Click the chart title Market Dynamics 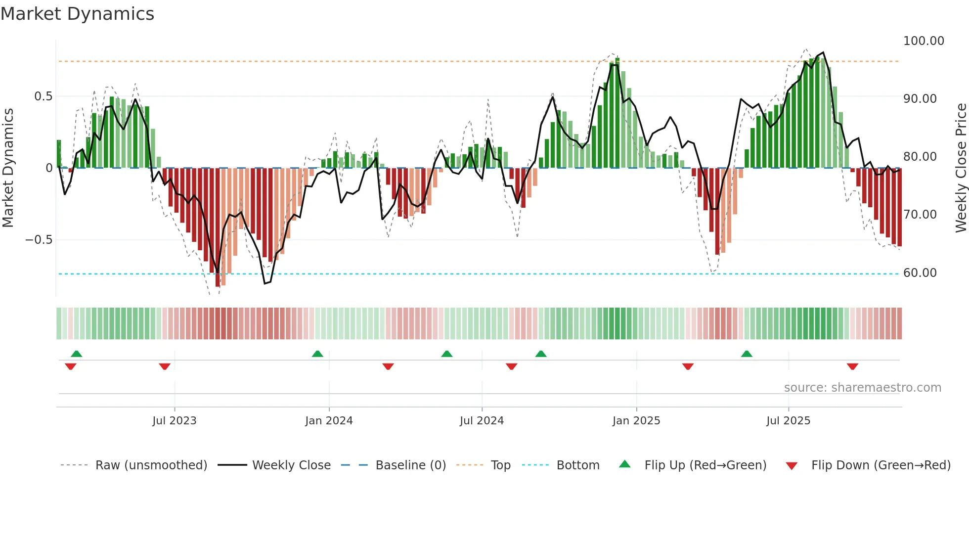coord(78,14)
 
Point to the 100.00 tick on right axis coord(923,41)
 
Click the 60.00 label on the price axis coord(920,273)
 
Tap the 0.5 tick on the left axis coord(43,96)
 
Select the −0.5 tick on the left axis coord(39,240)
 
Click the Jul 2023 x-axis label coord(174,421)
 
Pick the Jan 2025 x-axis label coord(636,421)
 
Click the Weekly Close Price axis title coord(961,168)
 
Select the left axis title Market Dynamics coord(8,168)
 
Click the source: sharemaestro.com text coord(862,388)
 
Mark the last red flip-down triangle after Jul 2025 coord(852,366)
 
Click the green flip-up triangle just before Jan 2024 coord(317,354)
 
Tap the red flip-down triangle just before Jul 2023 coord(165,366)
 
